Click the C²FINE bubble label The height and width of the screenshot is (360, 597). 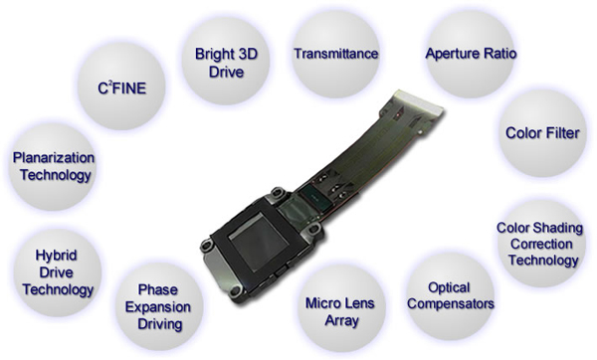click(121, 88)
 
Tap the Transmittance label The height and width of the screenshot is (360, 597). click(336, 54)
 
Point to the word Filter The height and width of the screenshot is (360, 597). click(562, 133)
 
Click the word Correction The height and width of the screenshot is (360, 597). click(541, 244)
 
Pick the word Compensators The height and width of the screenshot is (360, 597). click(451, 304)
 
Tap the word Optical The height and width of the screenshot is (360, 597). click(449, 287)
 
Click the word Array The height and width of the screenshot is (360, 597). click(341, 320)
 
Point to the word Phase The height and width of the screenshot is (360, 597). click(158, 289)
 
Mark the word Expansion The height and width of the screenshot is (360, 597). click(158, 307)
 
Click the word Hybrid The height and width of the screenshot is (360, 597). click(57, 256)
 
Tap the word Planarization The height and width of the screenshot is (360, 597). click(54, 157)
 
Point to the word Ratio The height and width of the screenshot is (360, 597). click(500, 54)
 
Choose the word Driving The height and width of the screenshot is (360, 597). click(160, 324)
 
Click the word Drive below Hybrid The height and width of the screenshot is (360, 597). click(56, 272)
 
